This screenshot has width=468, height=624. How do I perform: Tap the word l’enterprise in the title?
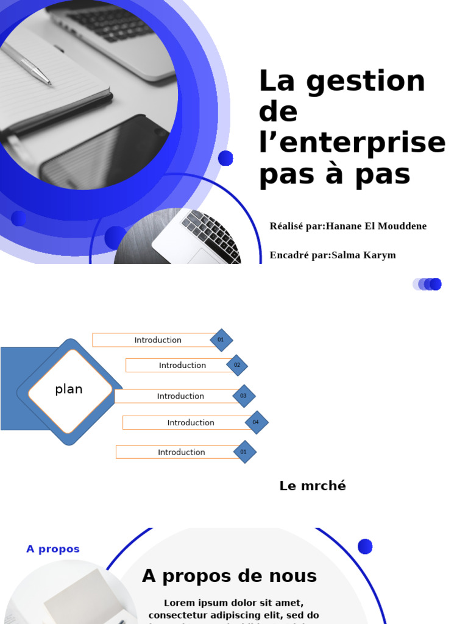[352, 143]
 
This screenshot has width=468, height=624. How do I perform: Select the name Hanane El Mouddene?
[376, 226]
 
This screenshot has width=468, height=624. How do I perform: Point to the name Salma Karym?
[363, 255]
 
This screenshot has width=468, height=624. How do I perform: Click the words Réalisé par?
[296, 226]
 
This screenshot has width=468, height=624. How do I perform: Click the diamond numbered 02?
[237, 365]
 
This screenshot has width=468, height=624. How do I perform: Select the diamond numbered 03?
[244, 396]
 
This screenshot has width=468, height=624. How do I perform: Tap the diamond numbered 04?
[256, 422]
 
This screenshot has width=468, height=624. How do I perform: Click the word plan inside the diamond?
[69, 389]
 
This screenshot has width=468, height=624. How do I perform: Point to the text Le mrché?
[313, 486]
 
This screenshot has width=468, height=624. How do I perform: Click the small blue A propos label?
[53, 549]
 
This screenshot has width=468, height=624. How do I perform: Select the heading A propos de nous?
[229, 576]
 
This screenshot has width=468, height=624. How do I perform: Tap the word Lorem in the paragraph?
[180, 603]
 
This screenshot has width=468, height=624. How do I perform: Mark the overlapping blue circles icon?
[427, 284]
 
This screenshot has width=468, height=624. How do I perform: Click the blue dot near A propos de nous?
[365, 547]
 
